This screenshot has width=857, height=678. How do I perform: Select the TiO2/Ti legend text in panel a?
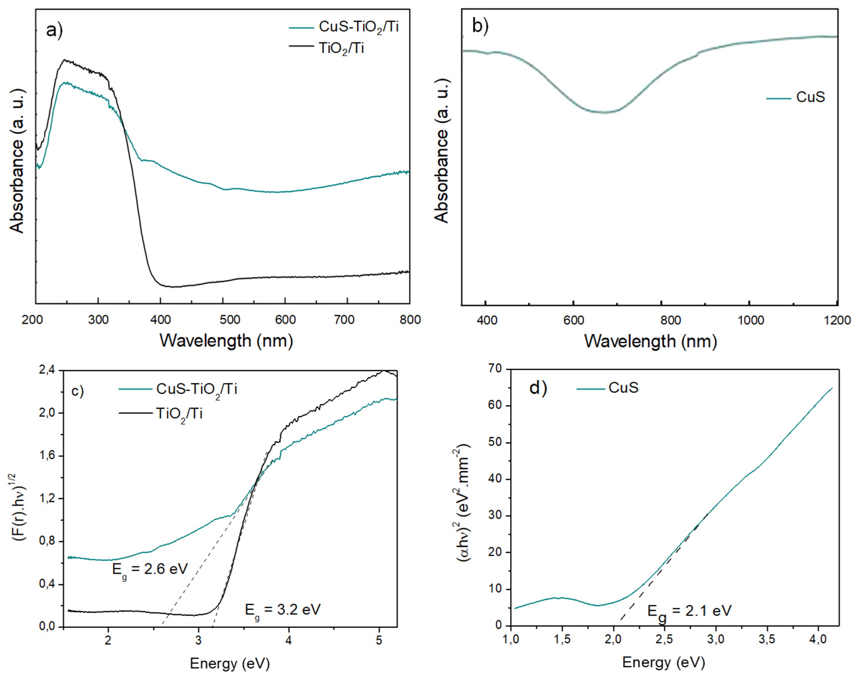pyautogui.click(x=341, y=48)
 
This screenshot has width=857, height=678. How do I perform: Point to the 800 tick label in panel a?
pyautogui.click(x=409, y=320)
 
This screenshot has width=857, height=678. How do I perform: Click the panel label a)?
pyautogui.click(x=54, y=30)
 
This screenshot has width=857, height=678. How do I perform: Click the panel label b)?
pyautogui.click(x=480, y=25)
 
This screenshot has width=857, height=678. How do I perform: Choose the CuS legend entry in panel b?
pyautogui.click(x=811, y=97)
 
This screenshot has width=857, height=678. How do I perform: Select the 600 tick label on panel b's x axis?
pyautogui.click(x=574, y=320)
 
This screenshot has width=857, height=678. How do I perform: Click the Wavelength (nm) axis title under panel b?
pyautogui.click(x=650, y=341)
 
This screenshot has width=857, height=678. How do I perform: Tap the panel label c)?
pyautogui.click(x=77, y=391)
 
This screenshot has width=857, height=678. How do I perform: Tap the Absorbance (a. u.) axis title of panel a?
pyautogui.click(x=17, y=161)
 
